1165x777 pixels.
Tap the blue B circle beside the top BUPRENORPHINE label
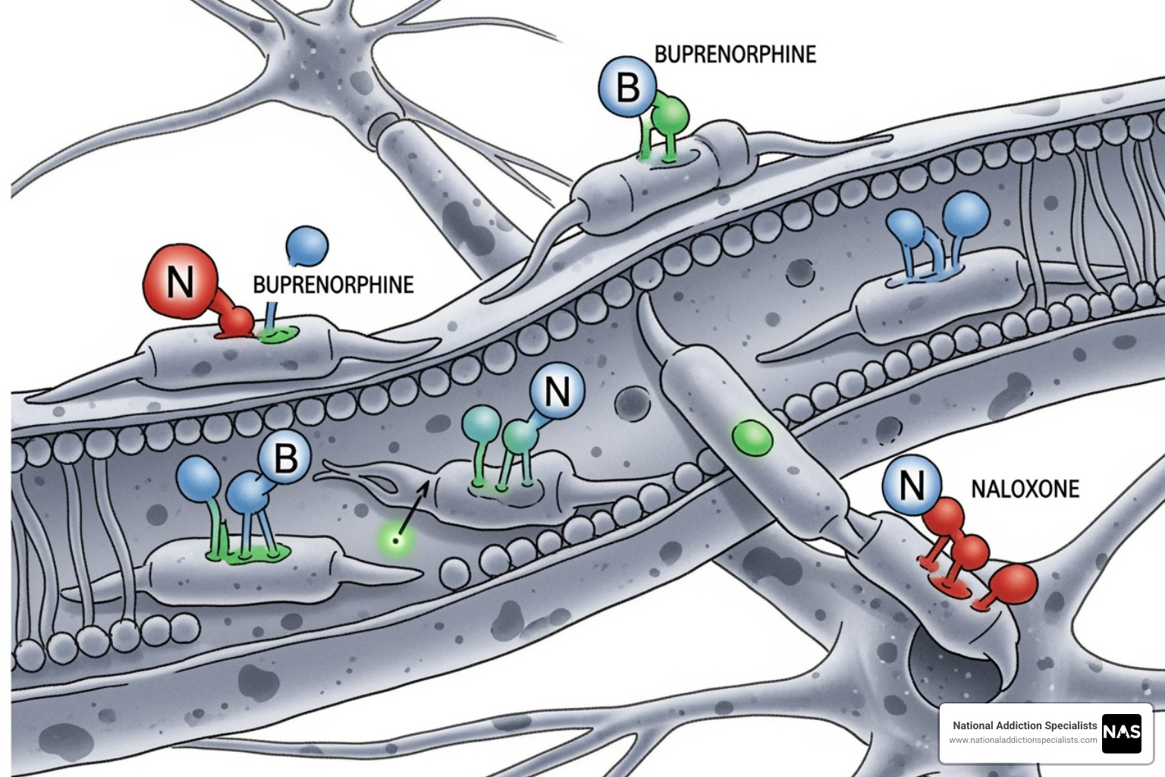pos(627,87)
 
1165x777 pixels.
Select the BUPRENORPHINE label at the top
pos(735,55)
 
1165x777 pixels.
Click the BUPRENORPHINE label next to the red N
pos(333,285)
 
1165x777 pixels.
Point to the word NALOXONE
pos(1025,489)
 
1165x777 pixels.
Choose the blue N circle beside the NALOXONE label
pos(912,483)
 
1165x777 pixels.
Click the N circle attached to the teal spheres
pos(557,392)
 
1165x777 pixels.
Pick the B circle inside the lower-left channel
pos(284,458)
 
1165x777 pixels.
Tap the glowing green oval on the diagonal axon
pos(752,439)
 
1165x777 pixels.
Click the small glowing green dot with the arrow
pos(394,540)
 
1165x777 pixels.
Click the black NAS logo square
pos(1122,733)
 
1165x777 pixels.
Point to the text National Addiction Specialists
pos(1024,725)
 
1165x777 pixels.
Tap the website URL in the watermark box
pos(1022,740)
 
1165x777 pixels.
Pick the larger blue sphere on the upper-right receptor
pos(966,213)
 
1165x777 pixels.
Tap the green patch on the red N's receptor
pos(275,335)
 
